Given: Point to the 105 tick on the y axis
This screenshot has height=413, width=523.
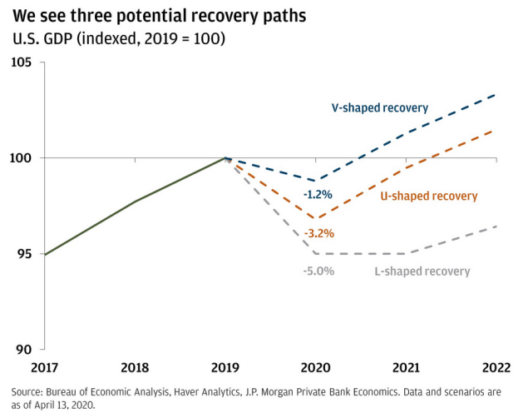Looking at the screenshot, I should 20,62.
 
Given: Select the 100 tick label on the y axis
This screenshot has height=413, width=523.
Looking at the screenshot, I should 20,157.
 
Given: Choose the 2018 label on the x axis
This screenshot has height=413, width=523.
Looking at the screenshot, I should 135,367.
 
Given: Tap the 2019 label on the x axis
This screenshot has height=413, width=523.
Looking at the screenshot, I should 225,367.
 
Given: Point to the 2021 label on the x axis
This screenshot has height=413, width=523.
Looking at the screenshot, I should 407,367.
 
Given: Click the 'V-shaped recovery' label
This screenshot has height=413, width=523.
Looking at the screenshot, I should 379,108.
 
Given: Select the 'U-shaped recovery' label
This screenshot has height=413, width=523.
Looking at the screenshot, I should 429,197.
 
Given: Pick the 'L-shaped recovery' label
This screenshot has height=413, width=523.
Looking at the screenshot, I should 422,271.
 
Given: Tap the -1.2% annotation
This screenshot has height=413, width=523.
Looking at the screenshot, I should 317,195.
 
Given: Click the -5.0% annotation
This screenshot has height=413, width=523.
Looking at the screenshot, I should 318,271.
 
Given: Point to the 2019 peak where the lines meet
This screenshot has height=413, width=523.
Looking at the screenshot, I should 225,157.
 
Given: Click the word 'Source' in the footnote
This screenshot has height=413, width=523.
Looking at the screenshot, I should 30,391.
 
